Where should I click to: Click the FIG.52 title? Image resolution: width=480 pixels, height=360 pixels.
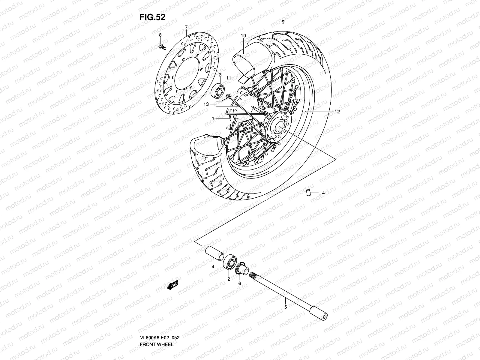[x=152, y=17]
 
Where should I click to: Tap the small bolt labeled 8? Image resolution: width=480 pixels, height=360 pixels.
[x=161, y=46]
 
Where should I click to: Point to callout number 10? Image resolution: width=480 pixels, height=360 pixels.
[x=243, y=36]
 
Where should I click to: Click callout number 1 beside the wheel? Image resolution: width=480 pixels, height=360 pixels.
[x=213, y=118]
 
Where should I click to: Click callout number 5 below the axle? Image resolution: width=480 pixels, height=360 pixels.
[x=285, y=307]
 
